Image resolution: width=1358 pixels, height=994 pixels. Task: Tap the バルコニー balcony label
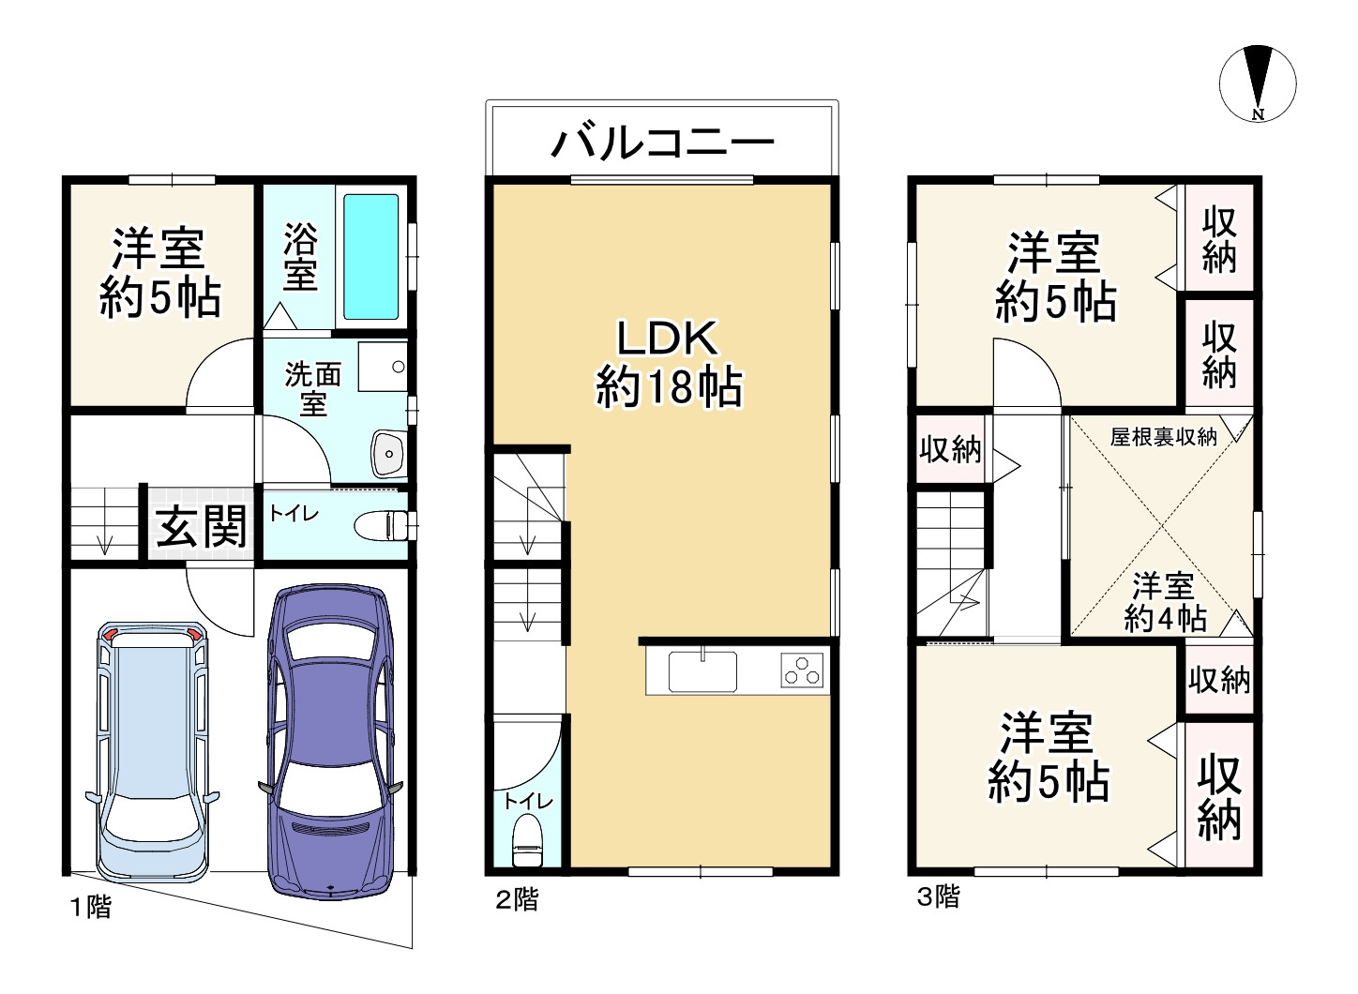click(x=663, y=143)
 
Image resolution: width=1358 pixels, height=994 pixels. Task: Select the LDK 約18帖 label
click(x=668, y=364)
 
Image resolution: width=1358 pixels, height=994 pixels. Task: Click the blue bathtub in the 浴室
click(x=370, y=257)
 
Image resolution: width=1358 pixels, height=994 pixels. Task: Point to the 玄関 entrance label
click(x=201, y=526)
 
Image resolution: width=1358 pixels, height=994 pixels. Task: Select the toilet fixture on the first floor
click(x=383, y=525)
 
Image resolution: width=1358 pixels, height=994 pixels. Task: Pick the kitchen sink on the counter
click(x=702, y=670)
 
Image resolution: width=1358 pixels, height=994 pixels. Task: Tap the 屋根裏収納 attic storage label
click(x=1163, y=437)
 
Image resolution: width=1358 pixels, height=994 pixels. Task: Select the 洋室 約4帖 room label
click(x=1163, y=603)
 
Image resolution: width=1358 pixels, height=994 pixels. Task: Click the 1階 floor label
click(x=90, y=907)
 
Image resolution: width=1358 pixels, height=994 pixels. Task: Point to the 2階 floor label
click(x=517, y=900)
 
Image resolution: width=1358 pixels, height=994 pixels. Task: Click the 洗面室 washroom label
click(x=312, y=389)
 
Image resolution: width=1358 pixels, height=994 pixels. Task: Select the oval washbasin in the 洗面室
click(x=387, y=455)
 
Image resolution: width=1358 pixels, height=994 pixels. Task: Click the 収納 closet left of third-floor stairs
click(x=949, y=450)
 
